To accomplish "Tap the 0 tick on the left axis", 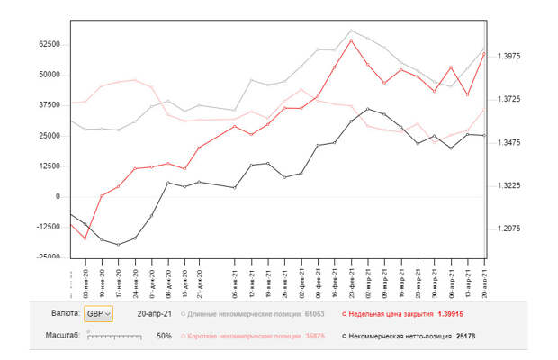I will coord(57,196).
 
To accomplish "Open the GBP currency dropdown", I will coord(98,314).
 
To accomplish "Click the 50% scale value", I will coord(165,335).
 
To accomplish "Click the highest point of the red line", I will coord(351,40).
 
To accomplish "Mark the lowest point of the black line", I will coord(118,245).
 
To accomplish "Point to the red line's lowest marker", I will coord(85,238).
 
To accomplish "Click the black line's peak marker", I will coord(367,109).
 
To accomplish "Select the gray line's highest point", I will coord(351,31).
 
